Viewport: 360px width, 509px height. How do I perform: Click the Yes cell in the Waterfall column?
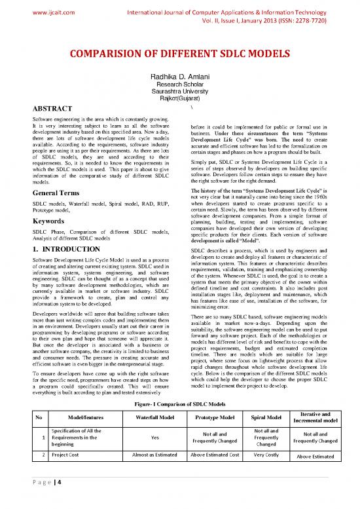155,419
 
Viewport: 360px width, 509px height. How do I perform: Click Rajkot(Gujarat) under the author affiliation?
179,99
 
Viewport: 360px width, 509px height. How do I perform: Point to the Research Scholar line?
179,85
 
